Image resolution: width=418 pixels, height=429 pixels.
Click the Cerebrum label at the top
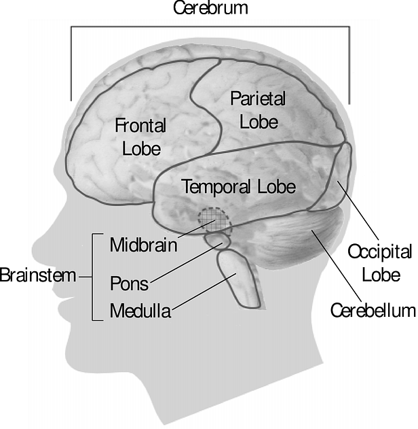210,7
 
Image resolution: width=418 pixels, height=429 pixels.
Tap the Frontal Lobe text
140,137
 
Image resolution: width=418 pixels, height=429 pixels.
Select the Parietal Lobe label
258,109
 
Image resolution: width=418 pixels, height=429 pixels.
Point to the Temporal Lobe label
239,186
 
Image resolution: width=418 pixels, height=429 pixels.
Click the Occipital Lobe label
380,263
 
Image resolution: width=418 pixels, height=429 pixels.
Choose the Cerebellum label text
373,311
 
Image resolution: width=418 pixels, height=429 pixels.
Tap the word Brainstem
38,275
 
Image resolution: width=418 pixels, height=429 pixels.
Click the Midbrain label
144,245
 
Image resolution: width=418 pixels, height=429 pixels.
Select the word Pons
130,284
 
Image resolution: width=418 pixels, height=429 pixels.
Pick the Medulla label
140,311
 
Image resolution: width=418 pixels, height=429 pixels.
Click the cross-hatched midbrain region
215,221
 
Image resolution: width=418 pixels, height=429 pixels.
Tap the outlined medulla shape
239,279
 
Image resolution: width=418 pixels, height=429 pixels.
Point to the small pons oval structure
218,241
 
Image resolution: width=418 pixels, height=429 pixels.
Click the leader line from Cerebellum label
337,266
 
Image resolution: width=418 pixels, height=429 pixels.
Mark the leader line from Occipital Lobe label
358,210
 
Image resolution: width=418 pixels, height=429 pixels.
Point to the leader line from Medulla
204,292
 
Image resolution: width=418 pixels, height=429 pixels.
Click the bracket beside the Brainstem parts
94,277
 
